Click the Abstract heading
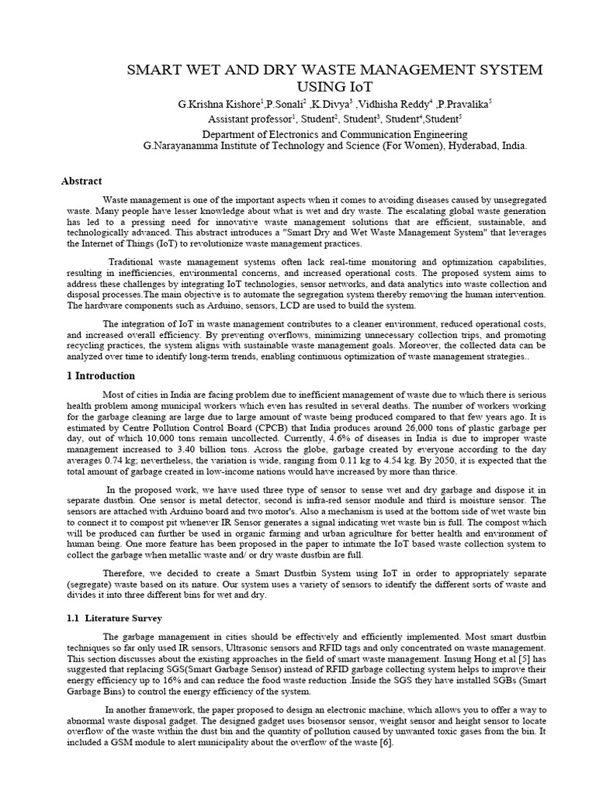[x=81, y=181]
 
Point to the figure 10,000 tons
[x=148, y=438]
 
